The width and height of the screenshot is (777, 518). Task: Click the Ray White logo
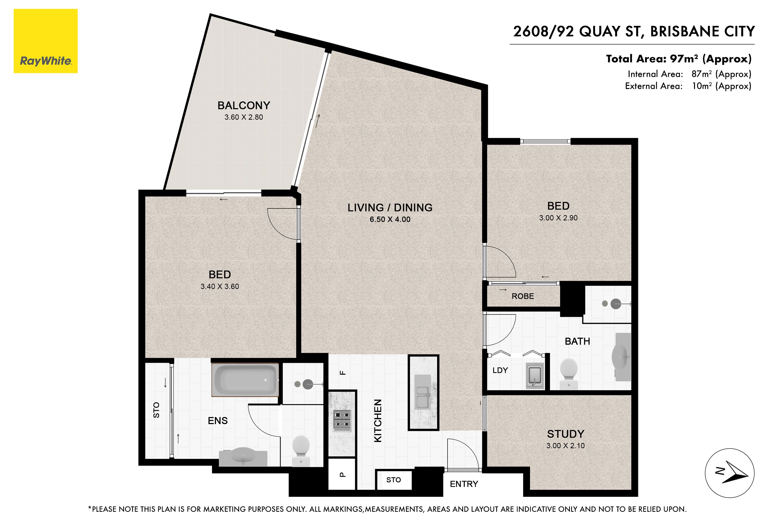pos(46,41)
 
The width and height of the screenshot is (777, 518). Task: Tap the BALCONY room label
pos(244,105)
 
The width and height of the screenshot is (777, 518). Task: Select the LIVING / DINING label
pos(390,207)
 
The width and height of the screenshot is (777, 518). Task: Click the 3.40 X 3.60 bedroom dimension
pos(220,286)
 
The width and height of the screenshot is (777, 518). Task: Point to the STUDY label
pos(565,434)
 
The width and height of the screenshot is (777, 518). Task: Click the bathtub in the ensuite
pos(245,380)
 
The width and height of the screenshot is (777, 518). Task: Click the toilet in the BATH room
pos(569,373)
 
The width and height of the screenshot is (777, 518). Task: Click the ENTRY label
pos(464,484)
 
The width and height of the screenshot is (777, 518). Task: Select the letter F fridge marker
pos(343,373)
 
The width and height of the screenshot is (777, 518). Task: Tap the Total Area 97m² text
pos(679,59)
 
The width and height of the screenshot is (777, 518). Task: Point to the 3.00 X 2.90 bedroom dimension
pos(558,218)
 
